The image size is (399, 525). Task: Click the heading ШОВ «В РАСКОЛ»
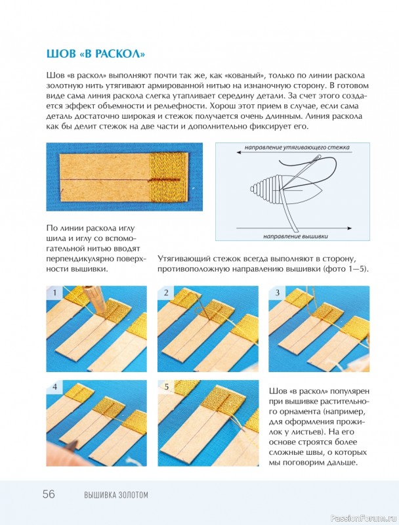coord(96,54)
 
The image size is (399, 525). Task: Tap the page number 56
coord(49,495)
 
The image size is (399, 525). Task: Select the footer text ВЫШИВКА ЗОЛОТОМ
coord(116,495)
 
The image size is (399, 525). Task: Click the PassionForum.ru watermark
coord(362,518)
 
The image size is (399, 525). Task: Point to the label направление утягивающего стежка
coord(297,147)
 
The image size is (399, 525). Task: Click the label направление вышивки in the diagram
coord(295,236)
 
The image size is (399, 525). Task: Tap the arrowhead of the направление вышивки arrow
coord(350,228)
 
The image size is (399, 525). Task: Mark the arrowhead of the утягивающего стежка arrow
coord(240,152)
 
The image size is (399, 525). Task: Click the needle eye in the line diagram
coord(318,156)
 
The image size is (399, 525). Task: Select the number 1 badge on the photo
coord(54,293)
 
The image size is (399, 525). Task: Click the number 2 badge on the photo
coord(166,293)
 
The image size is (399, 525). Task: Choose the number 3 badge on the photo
coord(277,293)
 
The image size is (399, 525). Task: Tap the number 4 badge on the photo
coord(54,387)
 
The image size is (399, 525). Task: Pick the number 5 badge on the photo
coord(167,387)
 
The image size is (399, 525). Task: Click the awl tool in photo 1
coord(94,298)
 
